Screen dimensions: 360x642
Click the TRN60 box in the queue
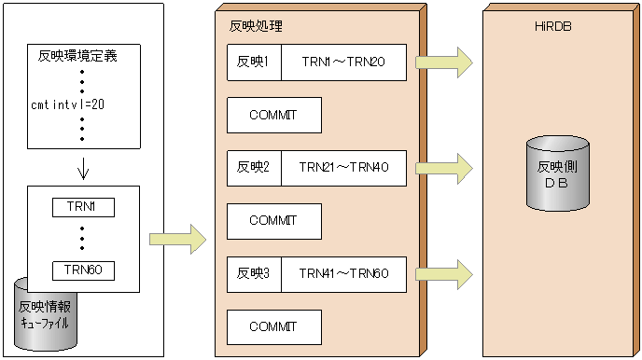click(83, 270)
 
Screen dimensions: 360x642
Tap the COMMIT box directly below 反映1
click(274, 115)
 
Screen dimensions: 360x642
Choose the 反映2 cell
click(254, 168)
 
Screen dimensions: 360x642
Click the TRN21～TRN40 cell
click(343, 168)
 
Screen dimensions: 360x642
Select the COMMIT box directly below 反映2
click(274, 221)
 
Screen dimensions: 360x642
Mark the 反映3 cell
click(254, 274)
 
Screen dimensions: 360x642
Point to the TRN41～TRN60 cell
click(343, 274)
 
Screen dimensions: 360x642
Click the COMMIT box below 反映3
click(274, 327)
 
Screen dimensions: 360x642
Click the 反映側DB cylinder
click(557, 173)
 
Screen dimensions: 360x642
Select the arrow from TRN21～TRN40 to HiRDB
click(443, 168)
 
